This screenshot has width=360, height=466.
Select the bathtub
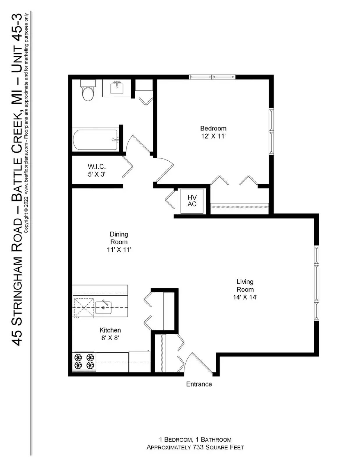click(x=95, y=140)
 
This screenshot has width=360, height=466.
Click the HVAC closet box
click(x=192, y=201)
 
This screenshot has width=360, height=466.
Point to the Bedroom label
click(x=213, y=128)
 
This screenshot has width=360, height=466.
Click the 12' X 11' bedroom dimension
click(x=213, y=136)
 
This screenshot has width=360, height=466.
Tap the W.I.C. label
click(x=97, y=167)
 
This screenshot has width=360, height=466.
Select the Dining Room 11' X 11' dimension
click(x=119, y=250)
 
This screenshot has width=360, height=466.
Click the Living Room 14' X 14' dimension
click(x=245, y=297)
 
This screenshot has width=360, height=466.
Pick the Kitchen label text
click(x=110, y=330)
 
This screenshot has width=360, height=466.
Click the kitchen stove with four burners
click(x=84, y=361)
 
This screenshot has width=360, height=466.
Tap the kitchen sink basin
click(x=103, y=308)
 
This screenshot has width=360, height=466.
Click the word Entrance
click(x=199, y=384)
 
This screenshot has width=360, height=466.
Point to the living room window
click(x=317, y=283)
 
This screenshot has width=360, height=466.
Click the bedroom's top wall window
click(x=212, y=77)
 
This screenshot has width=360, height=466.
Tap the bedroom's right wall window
click(x=271, y=131)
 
